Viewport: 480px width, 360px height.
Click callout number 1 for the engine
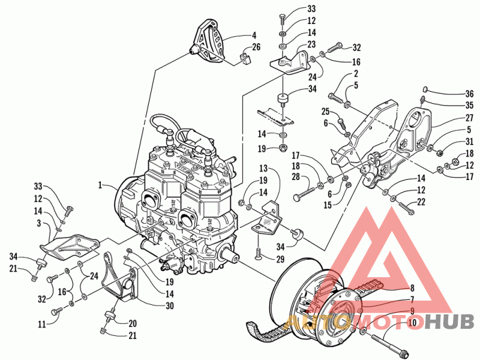pyautogui.click(x=100, y=185)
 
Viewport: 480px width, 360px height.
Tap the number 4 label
pyautogui.click(x=254, y=35)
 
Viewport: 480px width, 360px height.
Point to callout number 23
pyautogui.click(x=311, y=44)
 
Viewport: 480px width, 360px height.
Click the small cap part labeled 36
pyautogui.click(x=425, y=89)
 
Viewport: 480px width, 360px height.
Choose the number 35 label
pyautogui.click(x=469, y=106)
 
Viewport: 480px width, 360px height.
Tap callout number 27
pyautogui.click(x=469, y=118)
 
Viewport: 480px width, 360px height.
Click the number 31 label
pyautogui.click(x=469, y=142)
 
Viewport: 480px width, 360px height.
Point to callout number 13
pyautogui.click(x=263, y=169)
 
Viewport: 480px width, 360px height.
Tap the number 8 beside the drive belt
pyautogui.click(x=412, y=288)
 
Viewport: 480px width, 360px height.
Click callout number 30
pyautogui.click(x=169, y=305)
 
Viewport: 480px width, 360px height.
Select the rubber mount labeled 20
pyautogui.click(x=110, y=316)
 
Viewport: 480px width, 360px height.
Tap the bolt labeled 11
pyautogui.click(x=57, y=311)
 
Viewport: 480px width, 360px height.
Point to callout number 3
pyautogui.click(x=38, y=223)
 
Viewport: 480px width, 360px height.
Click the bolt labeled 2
pyautogui.click(x=336, y=98)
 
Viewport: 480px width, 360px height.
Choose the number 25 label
pyautogui.click(x=325, y=112)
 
